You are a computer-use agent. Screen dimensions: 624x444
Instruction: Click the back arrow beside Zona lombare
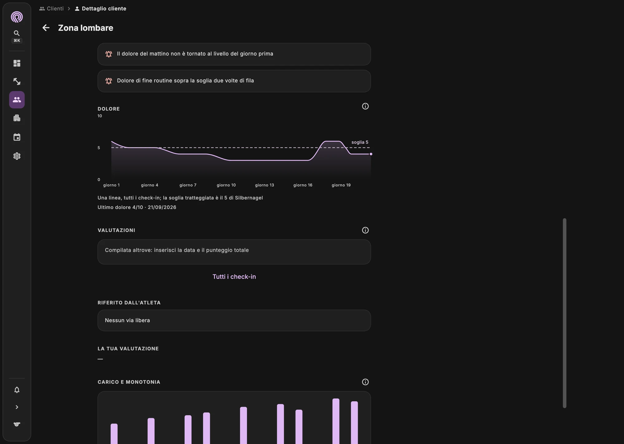coord(46,28)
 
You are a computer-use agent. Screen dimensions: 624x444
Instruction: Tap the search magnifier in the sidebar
coord(17,33)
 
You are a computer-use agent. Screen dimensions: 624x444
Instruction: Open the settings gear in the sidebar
coord(17,156)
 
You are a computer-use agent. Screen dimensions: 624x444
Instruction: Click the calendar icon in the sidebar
coord(17,137)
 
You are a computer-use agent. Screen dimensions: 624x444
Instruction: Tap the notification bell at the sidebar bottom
coord(17,390)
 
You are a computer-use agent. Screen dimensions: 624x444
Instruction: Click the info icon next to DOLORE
coord(365,106)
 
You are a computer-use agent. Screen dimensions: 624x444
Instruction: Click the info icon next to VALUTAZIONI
coord(365,230)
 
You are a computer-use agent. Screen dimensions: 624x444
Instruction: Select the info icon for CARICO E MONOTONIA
coord(365,382)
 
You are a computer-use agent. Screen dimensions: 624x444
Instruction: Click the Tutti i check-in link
coord(234,277)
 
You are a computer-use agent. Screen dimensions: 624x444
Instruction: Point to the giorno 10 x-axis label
coord(226,185)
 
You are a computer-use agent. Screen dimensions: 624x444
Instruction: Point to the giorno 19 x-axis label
coord(341,185)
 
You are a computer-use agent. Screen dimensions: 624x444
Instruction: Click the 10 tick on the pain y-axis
coord(100,116)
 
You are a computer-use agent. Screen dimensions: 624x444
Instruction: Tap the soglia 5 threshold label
coord(360,142)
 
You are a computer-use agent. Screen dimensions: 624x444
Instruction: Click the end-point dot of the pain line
coord(371,154)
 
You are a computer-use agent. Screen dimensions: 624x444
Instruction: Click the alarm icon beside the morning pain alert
coord(109,54)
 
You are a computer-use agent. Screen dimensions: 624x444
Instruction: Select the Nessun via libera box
coord(234,320)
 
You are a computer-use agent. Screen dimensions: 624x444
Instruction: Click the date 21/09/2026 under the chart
coord(162,207)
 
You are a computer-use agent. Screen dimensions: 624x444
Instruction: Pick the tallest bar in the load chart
coord(336,421)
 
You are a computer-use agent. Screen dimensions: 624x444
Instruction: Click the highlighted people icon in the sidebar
coord(17,100)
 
